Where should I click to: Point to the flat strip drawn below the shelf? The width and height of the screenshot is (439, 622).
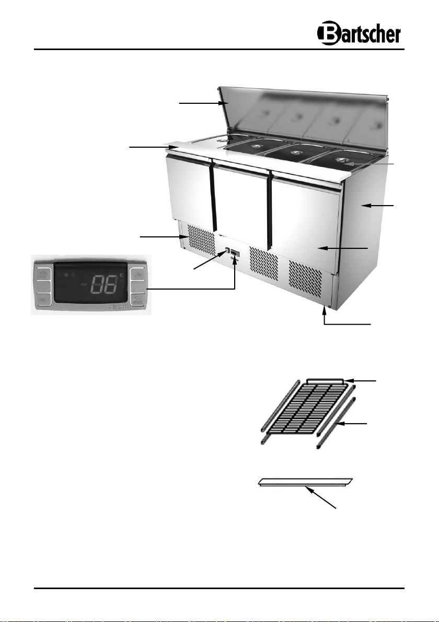click(x=306, y=482)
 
